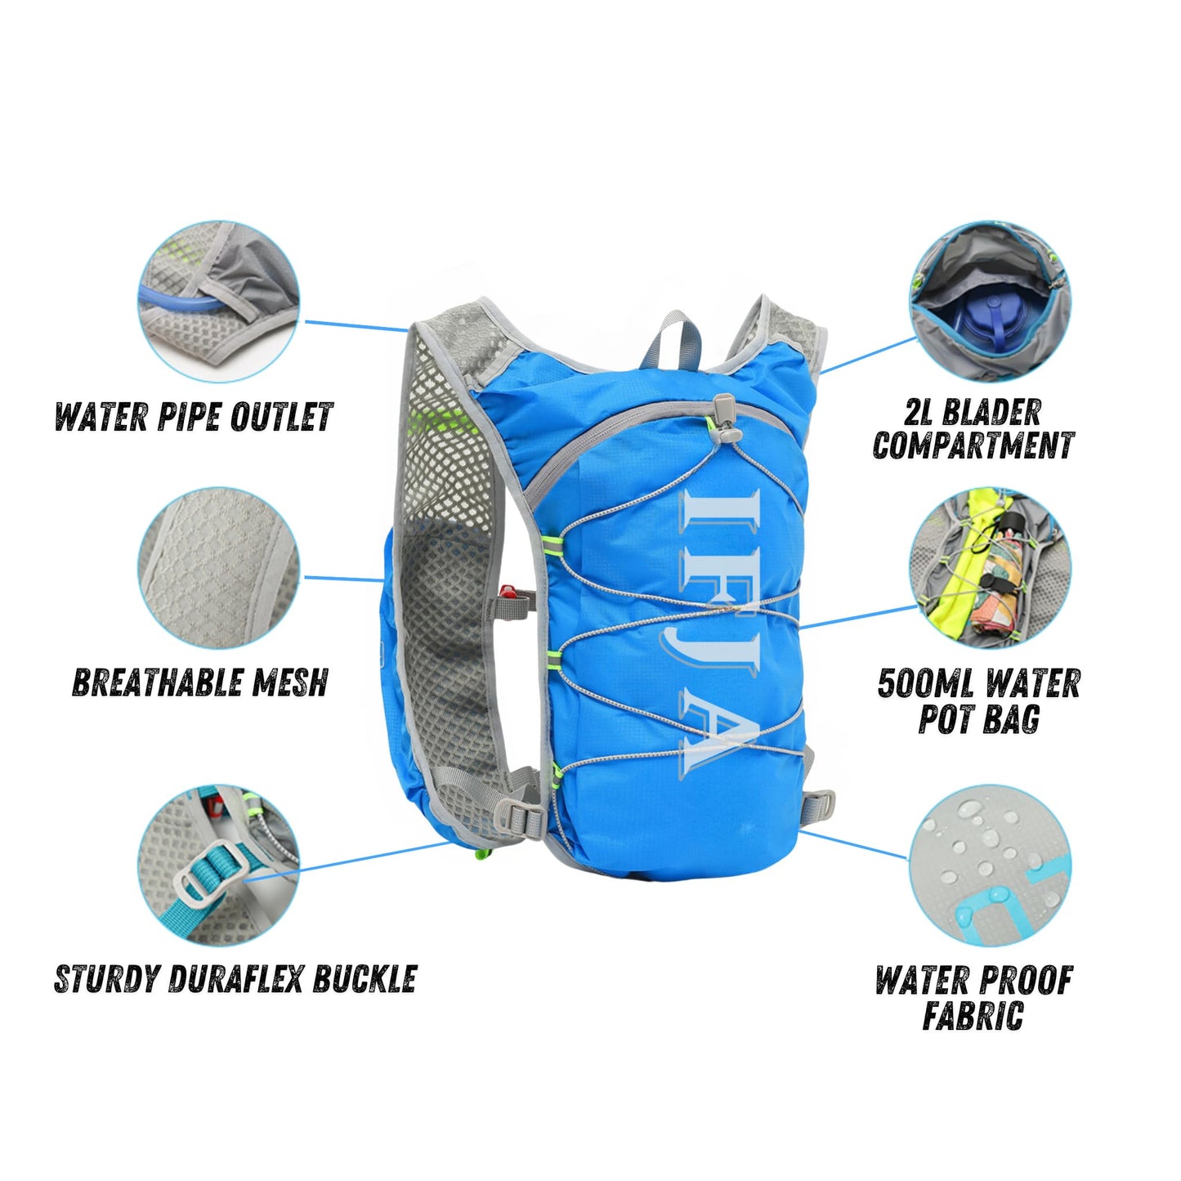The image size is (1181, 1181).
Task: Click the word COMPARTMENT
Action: pos(973,445)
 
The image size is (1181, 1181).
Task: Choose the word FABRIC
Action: pos(973,1016)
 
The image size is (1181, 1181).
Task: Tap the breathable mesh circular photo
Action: pos(218,569)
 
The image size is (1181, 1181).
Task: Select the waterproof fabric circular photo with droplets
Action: pos(991,865)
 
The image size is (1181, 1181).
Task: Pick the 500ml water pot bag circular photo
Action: pos(991,569)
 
